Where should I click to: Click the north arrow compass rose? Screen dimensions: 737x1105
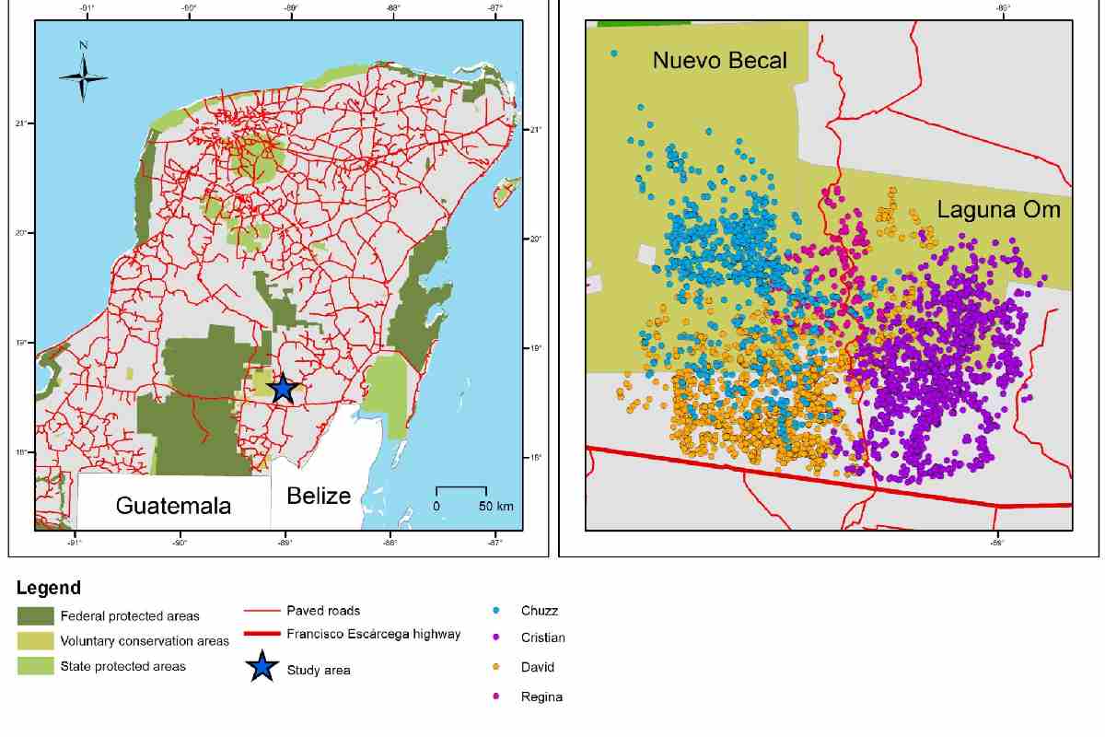(83, 76)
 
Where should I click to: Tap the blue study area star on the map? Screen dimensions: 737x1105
(283, 389)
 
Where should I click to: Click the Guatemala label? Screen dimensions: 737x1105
(173, 505)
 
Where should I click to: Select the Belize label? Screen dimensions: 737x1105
(319, 496)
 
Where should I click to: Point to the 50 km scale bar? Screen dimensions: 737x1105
(461, 488)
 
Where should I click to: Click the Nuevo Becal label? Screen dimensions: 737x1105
(720, 61)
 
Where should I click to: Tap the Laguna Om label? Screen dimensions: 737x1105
(999, 209)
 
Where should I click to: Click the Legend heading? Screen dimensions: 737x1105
(49, 588)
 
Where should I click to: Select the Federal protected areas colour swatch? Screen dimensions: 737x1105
(35, 615)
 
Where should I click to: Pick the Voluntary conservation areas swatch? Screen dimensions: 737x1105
(35, 640)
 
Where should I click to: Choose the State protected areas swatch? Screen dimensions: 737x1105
(35, 666)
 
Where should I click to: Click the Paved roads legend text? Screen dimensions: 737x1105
(323, 610)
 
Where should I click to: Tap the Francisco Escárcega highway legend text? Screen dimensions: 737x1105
(373, 634)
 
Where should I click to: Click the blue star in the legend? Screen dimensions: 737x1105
(262, 667)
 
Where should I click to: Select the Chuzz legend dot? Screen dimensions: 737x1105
(497, 610)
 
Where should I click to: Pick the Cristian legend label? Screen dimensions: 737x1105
(542, 638)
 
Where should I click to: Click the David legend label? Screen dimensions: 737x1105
(538, 667)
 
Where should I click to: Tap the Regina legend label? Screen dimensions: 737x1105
(541, 696)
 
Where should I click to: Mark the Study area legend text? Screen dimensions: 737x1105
(318, 671)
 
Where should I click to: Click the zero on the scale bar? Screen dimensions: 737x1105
(436, 507)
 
